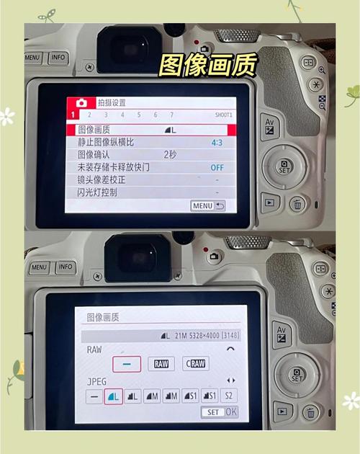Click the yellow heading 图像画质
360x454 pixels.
click(208, 65)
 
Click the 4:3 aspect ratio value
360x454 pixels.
click(217, 143)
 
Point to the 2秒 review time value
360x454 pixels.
click(170, 155)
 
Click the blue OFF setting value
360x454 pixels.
click(217, 167)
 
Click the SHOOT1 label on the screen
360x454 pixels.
click(224, 115)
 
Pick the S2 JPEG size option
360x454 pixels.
click(228, 396)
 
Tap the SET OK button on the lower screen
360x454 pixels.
click(220, 412)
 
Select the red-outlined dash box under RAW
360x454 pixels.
click(127, 364)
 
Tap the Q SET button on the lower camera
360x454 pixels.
click(297, 375)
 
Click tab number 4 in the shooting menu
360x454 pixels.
click(122, 115)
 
